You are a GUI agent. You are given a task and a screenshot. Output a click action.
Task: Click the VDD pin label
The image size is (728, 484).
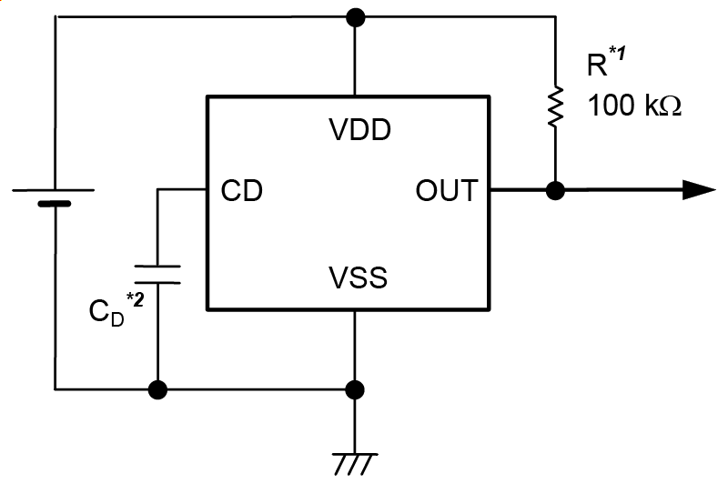click(359, 130)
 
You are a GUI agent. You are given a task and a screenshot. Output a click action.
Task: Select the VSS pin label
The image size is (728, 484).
click(358, 277)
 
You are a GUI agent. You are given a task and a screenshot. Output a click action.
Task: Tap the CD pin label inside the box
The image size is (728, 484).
click(242, 191)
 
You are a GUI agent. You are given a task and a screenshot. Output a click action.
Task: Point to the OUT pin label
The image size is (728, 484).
click(446, 191)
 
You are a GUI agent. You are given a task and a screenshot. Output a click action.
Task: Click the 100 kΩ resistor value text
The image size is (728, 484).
click(634, 106)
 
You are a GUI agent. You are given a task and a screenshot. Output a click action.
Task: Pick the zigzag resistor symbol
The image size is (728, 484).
click(554, 106)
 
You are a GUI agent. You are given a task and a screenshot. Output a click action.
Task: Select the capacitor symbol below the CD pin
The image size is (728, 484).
click(157, 274)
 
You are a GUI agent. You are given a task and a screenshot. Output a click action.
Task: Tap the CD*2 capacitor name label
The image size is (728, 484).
click(115, 309)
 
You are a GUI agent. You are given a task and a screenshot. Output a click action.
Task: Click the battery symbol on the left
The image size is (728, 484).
click(54, 197)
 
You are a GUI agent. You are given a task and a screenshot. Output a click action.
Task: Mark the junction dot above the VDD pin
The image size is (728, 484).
click(355, 16)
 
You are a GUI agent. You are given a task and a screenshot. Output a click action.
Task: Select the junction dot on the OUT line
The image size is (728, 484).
click(554, 191)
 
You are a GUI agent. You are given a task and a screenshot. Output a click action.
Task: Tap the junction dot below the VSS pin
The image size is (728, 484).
click(355, 390)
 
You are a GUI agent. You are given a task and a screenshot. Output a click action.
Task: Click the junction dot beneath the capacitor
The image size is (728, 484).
click(157, 390)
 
